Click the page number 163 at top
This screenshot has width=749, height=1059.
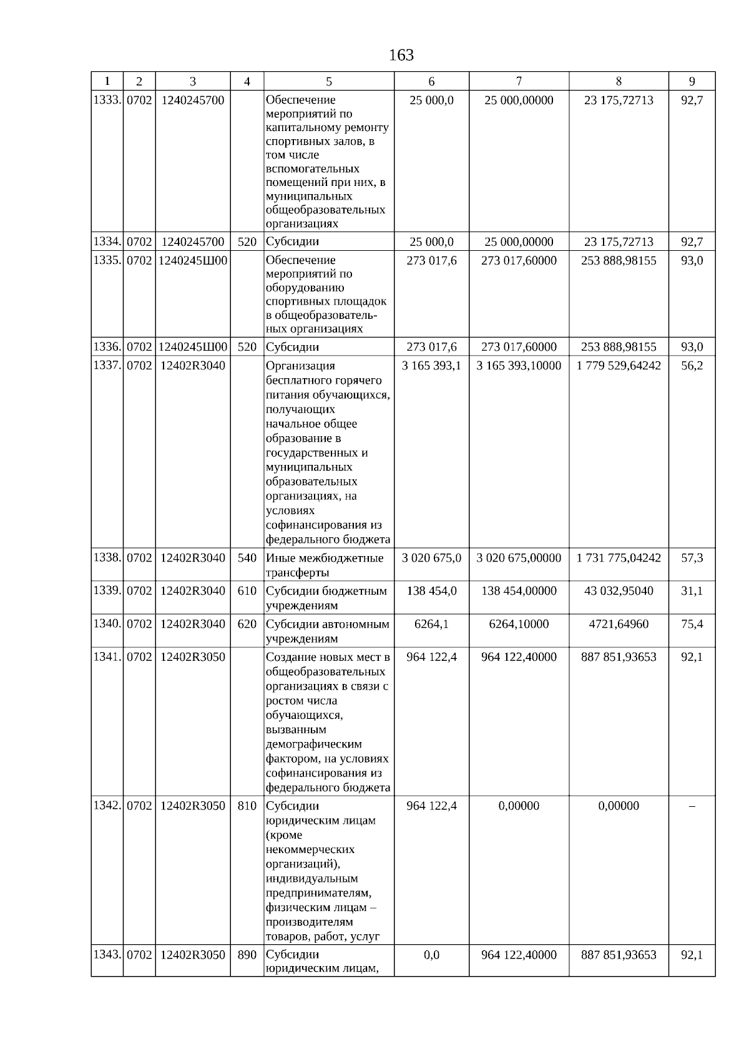401,56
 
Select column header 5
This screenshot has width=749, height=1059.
329,81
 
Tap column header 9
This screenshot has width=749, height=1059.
692,81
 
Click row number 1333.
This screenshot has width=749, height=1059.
107,100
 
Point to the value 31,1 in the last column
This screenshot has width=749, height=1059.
692,591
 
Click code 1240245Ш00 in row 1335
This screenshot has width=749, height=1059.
193,260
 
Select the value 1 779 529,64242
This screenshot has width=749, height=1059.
619,366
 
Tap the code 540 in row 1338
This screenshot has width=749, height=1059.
247,558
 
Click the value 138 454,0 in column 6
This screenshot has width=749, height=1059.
431,591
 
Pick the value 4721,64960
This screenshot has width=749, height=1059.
619,624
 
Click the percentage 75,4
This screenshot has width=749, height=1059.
692,624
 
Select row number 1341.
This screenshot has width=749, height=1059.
107,657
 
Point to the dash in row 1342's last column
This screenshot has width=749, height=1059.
692,806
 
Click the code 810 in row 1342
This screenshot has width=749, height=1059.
247,806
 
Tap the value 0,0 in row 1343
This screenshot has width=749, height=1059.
431,955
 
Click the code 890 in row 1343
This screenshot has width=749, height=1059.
247,955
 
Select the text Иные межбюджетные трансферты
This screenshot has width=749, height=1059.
325,565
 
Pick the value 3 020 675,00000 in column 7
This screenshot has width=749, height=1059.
519,558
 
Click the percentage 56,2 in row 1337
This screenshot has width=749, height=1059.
692,366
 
